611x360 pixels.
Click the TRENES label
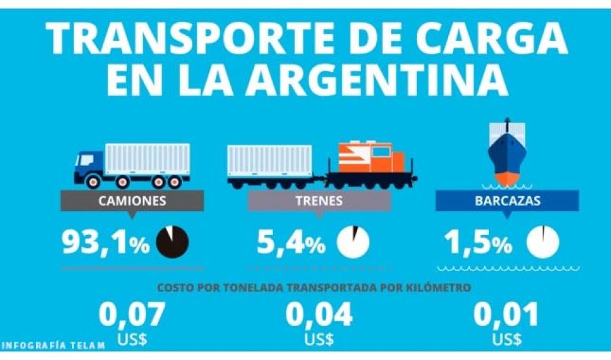pos(318,201)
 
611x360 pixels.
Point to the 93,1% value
pos(105,242)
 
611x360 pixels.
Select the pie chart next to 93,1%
pos(172,242)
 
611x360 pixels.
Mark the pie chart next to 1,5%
pos(544,242)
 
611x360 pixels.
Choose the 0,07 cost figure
pos(132,315)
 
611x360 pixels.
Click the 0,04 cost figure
pos(318,315)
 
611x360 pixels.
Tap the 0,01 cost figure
pos(506,315)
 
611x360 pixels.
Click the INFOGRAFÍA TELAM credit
pos(53,345)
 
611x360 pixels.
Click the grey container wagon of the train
pos(270,162)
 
